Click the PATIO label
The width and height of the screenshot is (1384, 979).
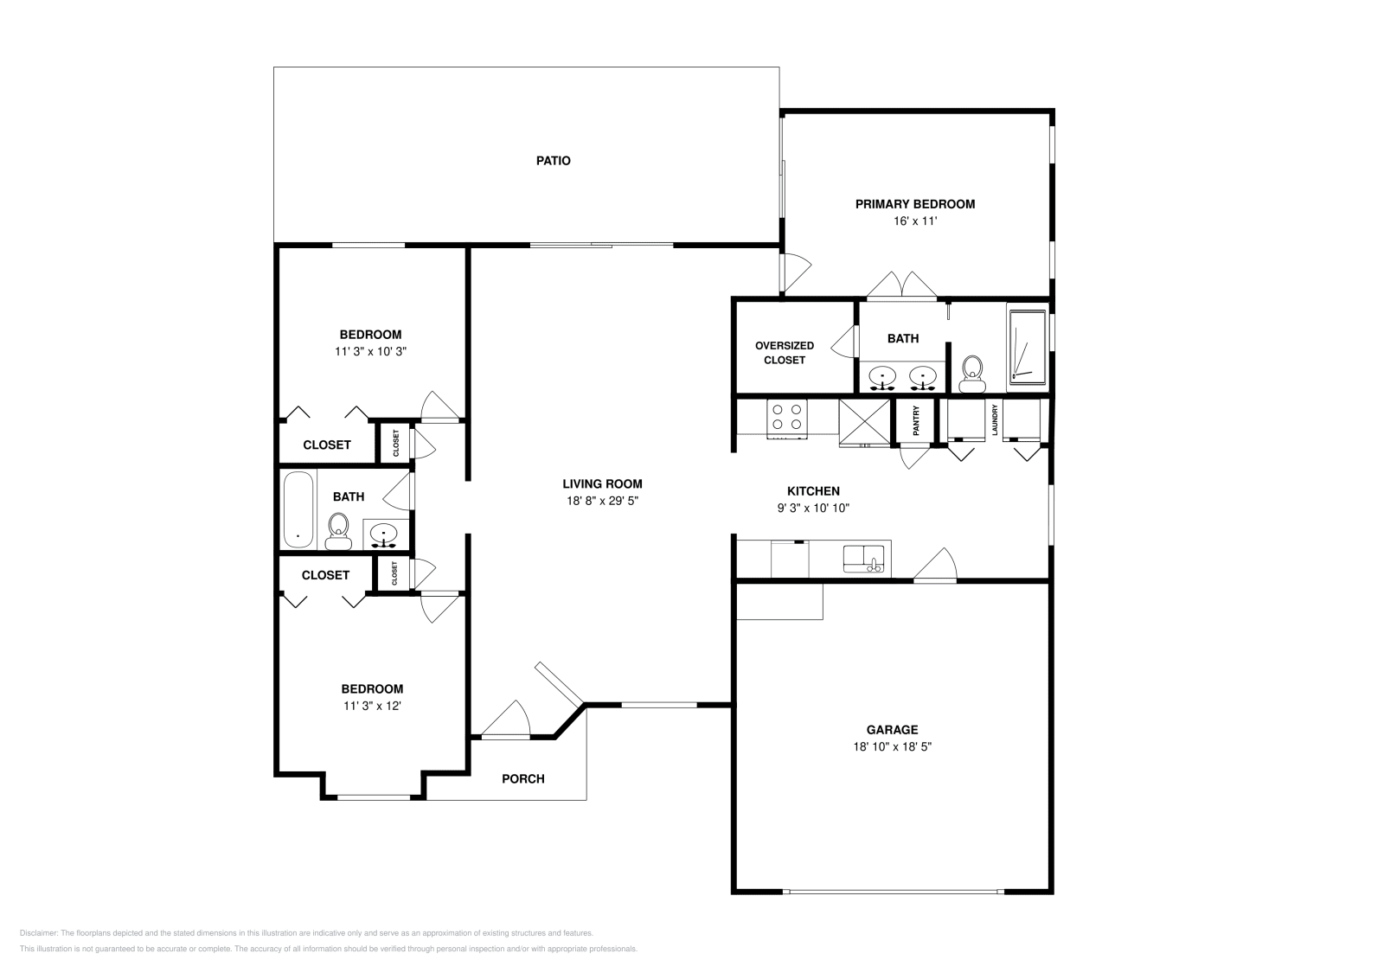coord(553,161)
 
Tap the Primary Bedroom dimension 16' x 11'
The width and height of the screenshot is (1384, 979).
coord(915,221)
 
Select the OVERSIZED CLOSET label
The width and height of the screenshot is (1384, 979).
coord(784,353)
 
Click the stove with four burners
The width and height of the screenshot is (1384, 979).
coord(787,419)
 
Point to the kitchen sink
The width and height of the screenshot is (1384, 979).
coord(864,559)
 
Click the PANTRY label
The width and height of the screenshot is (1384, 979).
coord(916,420)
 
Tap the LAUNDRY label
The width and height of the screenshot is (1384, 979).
coord(995,420)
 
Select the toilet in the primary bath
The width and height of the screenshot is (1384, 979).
coord(972,374)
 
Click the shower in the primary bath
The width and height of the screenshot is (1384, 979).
coord(1028,349)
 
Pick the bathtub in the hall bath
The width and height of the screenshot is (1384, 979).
coord(299,509)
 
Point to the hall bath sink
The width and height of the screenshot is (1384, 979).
coord(384,534)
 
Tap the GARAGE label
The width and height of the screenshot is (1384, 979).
coord(892,729)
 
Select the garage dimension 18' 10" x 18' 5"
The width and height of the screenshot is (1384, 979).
coord(892,746)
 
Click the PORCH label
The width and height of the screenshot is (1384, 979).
coord(522,779)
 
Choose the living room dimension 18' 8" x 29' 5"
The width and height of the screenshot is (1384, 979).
coord(602,500)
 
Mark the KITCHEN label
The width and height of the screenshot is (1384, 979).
coord(813,491)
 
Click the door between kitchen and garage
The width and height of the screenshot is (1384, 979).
coord(935,565)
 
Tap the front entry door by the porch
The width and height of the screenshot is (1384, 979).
coord(505,720)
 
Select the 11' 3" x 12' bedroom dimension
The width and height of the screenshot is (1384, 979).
coord(372,706)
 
